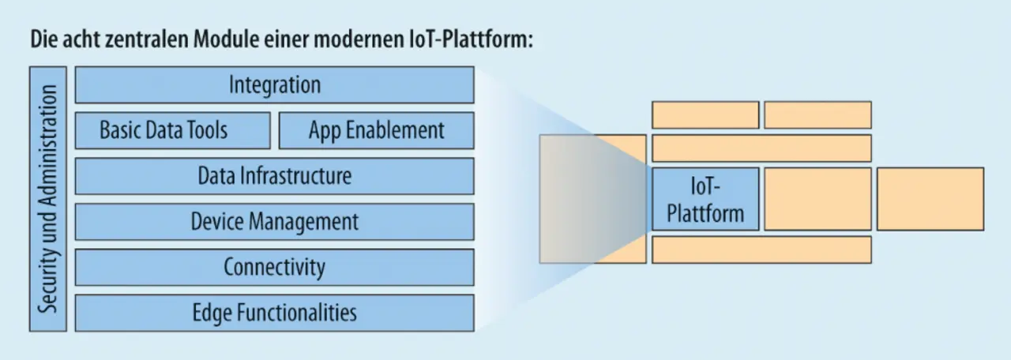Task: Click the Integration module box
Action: point(274,84)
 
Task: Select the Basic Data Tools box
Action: point(173,130)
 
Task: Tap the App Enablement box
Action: point(377,130)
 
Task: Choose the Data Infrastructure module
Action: point(274,176)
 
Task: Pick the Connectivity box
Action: point(274,267)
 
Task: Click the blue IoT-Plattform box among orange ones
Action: point(705,199)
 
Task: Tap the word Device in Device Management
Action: point(217,222)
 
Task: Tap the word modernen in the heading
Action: point(359,39)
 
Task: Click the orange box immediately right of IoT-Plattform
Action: point(817,199)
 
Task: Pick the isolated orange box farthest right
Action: point(930,199)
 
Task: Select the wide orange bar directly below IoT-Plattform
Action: point(762,249)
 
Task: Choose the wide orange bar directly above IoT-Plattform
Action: point(762,148)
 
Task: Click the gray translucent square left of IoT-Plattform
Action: point(592,199)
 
